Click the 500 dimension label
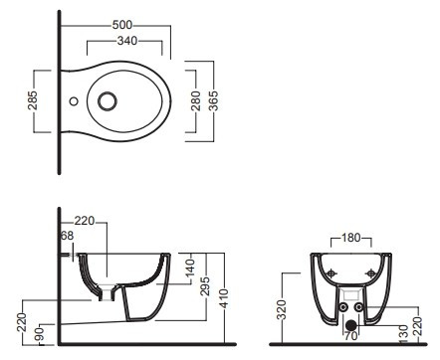(x=122, y=25)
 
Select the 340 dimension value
(x=127, y=41)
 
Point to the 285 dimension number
(x=33, y=100)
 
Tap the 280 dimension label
(x=196, y=100)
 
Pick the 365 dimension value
(x=213, y=100)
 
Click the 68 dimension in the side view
(x=67, y=236)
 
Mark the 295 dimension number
(x=206, y=287)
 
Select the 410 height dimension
(x=224, y=298)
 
